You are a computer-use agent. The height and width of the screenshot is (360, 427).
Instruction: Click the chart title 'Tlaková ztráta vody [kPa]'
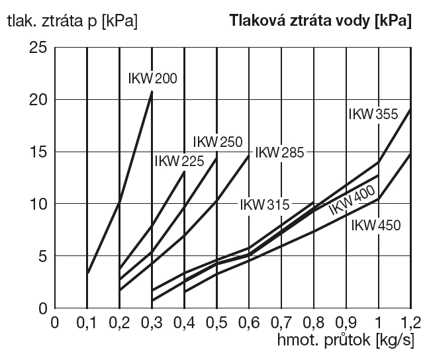320,21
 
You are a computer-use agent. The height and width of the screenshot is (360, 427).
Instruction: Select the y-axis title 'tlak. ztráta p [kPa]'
72,21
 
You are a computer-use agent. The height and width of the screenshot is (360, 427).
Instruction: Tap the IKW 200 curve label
152,79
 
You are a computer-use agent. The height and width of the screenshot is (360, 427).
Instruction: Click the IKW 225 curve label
178,161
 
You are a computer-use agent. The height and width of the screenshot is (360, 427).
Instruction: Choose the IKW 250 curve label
218,142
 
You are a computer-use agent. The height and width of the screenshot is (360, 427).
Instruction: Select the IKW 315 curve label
264,204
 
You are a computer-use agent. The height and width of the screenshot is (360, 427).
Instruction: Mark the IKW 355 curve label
373,114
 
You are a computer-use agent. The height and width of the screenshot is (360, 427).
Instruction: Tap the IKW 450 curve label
376,225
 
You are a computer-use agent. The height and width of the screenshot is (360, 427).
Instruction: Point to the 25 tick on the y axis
37,48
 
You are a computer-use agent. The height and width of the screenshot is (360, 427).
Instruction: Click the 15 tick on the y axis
37,152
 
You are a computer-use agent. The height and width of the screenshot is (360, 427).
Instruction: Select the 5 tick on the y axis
41,256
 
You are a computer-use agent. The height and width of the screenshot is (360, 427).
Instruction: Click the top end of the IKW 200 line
152,91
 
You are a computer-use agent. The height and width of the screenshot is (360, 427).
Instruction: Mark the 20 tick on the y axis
37,100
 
